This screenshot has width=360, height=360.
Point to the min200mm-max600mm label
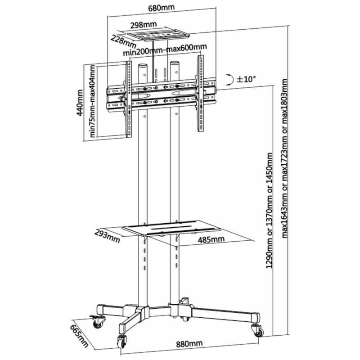click(165, 48)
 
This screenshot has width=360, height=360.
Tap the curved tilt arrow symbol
click(230, 80)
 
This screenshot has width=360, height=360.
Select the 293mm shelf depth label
click(107, 235)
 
